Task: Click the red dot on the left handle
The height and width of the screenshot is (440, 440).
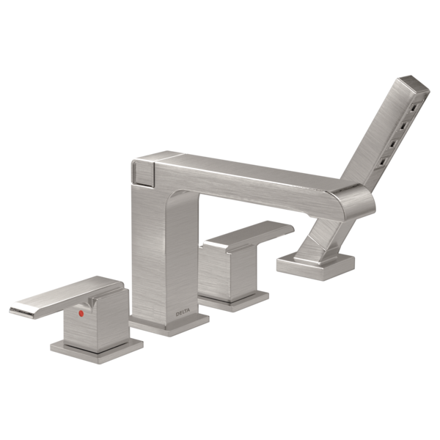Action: pyautogui.click(x=81, y=313)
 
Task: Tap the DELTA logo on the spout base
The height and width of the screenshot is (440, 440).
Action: pyautogui.click(x=183, y=312)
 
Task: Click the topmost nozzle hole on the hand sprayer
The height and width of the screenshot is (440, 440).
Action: pyautogui.click(x=413, y=108)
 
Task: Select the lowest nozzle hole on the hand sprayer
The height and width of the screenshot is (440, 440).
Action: pyautogui.click(x=384, y=161)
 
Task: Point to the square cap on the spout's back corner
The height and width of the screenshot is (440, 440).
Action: pyautogui.click(x=143, y=172)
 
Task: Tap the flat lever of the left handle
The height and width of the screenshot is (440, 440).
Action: pyautogui.click(x=67, y=297)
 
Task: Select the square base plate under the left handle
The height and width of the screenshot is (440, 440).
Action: pyautogui.click(x=97, y=350)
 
